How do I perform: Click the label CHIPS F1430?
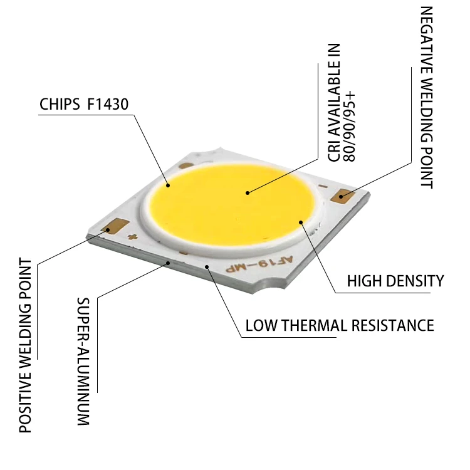[x=84, y=103]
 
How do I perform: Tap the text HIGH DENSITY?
[x=395, y=281]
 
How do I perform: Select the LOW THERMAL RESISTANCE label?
[x=339, y=326]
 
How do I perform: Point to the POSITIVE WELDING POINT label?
[x=25, y=345]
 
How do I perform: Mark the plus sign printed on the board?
[x=132, y=238]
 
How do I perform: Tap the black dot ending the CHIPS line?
[x=168, y=185]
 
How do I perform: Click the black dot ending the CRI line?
[x=248, y=192]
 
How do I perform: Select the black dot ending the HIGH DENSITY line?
[x=301, y=221]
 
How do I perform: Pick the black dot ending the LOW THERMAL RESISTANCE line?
[x=207, y=267]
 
